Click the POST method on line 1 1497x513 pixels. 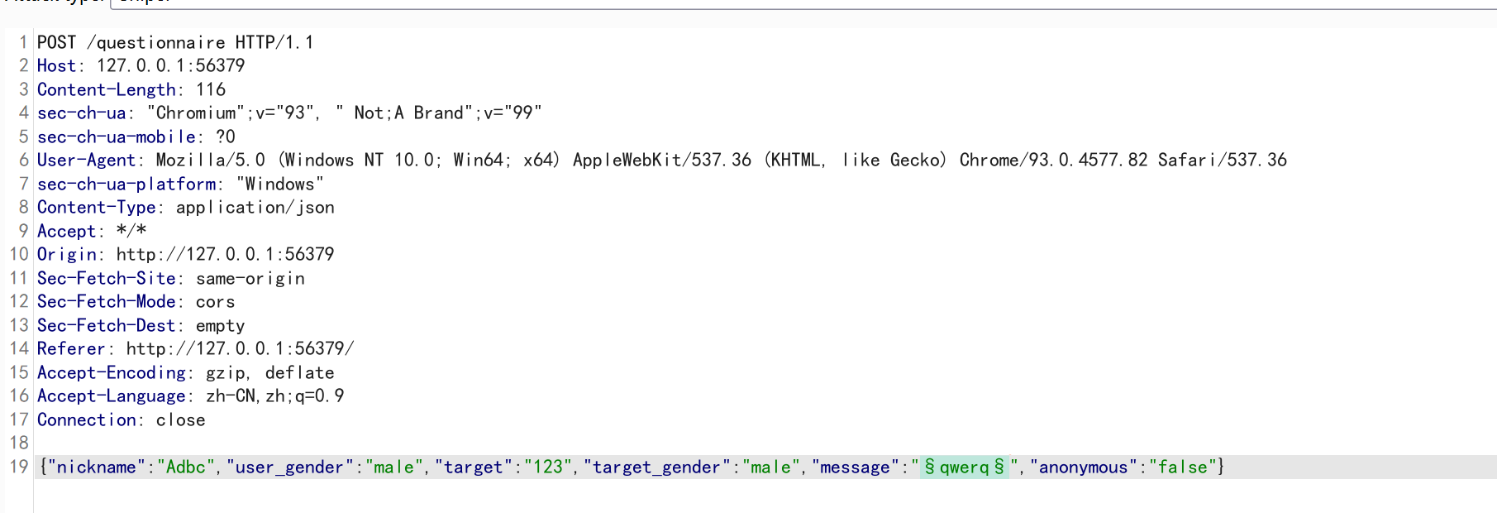[x=56, y=42]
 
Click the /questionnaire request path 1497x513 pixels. [x=156, y=42]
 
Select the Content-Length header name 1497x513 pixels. [x=106, y=89]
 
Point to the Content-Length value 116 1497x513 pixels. [x=211, y=89]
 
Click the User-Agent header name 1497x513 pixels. [x=86, y=160]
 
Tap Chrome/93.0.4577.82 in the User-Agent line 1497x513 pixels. [x=1053, y=160]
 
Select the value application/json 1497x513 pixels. [x=255, y=207]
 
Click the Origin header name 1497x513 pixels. [x=67, y=254]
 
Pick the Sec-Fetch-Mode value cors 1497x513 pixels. [x=215, y=302]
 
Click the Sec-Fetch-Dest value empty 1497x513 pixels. [x=220, y=325]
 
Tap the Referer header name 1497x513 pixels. [x=71, y=348]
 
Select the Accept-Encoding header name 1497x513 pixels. [x=111, y=372]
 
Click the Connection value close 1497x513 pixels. [x=180, y=420]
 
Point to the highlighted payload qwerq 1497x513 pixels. [x=964, y=467]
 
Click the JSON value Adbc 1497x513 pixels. [x=185, y=467]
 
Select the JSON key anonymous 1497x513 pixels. [x=1083, y=467]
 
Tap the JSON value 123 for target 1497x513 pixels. [x=547, y=467]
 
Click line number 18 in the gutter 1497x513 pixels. [x=19, y=443]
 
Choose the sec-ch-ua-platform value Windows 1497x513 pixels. [x=279, y=184]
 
